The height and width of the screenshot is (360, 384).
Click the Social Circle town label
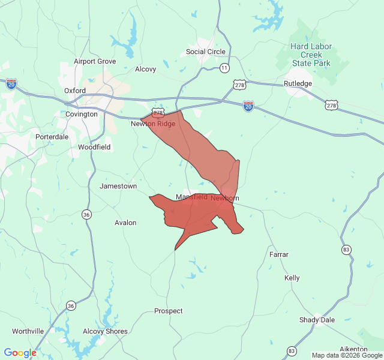point(205,52)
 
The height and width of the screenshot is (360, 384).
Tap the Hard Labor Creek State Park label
point(311,55)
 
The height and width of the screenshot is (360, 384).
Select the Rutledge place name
point(298,83)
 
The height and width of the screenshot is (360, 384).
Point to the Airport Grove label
point(95,61)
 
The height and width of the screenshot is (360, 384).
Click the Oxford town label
point(75,91)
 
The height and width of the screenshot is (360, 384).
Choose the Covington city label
point(81,114)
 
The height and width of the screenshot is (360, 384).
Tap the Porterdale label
point(52,136)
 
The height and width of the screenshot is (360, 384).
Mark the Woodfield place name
point(94,146)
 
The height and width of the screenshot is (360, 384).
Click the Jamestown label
point(118,186)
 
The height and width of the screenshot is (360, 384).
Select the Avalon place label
point(125,223)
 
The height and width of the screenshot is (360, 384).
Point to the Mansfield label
point(191,197)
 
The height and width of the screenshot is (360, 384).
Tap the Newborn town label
point(225,198)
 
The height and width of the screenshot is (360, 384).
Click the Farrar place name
point(279,254)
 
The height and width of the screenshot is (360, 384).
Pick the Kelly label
point(292,278)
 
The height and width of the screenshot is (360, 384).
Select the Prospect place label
point(169,311)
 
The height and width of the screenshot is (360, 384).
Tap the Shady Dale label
point(317,320)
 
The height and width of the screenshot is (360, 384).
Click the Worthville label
point(28,331)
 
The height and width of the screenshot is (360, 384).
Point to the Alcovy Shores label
point(105,331)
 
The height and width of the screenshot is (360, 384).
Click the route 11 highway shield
point(224,68)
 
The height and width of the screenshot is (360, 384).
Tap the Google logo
point(20,353)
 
